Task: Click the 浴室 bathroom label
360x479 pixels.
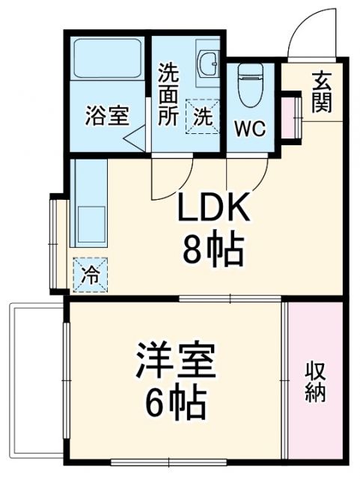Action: point(108,116)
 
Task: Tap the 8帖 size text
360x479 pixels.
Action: point(213,251)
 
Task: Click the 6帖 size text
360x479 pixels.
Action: point(176,405)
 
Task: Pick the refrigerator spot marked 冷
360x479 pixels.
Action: point(91,274)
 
